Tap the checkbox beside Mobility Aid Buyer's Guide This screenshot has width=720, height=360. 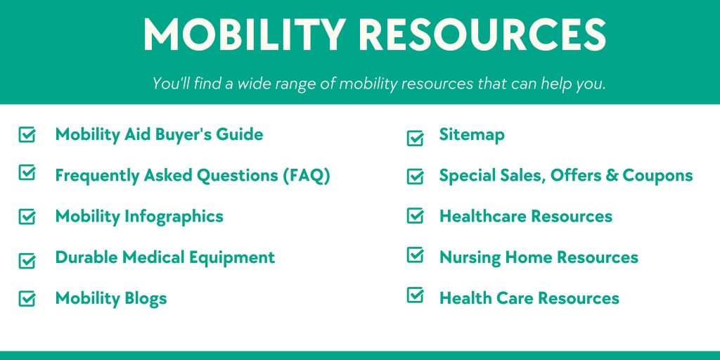[x=27, y=134]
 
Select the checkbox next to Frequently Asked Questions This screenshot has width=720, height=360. [x=27, y=173]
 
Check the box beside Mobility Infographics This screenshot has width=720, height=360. [x=27, y=217]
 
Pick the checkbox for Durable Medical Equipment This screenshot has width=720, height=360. [x=27, y=260]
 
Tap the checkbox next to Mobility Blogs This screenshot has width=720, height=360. [x=27, y=298]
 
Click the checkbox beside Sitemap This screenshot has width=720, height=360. [x=416, y=138]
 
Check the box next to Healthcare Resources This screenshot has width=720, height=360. [x=416, y=216]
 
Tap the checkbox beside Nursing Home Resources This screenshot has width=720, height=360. [x=416, y=255]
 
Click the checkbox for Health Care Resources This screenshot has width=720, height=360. [x=416, y=295]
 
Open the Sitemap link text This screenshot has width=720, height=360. [x=472, y=134]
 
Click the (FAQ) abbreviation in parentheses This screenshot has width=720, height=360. [x=307, y=175]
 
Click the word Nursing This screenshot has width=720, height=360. [x=469, y=258]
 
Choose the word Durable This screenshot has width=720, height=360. [x=86, y=257]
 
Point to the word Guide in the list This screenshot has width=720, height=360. [x=241, y=134]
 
